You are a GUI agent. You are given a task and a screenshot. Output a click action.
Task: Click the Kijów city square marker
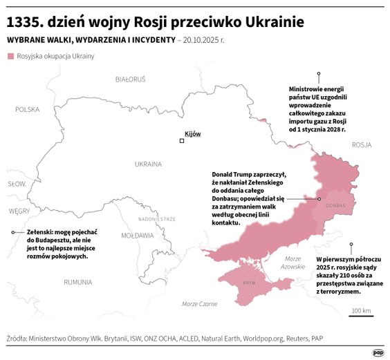(x=182, y=141)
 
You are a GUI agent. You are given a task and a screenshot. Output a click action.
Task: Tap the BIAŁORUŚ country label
(x=131, y=79)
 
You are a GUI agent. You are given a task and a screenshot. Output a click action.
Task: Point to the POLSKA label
(x=28, y=109)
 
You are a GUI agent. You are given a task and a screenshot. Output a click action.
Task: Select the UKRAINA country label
(x=148, y=164)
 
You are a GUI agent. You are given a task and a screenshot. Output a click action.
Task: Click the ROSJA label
(x=361, y=145)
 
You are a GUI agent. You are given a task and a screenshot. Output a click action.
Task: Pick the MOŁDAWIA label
(x=137, y=236)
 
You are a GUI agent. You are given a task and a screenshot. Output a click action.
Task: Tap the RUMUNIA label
(x=77, y=282)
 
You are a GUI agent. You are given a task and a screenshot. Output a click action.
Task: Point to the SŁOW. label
(x=17, y=184)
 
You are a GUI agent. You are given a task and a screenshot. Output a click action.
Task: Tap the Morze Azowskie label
(x=293, y=263)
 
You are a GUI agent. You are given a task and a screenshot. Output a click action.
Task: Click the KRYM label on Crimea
(x=250, y=283)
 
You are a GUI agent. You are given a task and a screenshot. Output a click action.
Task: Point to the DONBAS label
(x=335, y=205)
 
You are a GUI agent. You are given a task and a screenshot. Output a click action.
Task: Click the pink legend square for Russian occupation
(x=10, y=55)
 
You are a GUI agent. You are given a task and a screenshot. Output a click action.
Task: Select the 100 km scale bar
(x=361, y=317)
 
